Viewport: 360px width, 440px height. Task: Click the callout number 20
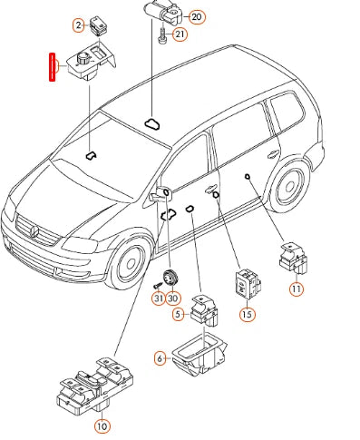point(197,16)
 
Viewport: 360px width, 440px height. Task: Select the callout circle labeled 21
point(180,34)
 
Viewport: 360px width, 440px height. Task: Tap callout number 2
point(79,25)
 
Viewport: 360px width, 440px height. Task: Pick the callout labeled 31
point(159,298)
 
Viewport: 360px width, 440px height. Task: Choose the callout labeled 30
point(172,298)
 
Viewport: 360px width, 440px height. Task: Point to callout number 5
point(178,314)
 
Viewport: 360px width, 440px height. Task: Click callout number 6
point(160,358)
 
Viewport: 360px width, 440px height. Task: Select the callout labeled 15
point(247,315)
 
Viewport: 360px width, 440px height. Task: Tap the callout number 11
point(297,289)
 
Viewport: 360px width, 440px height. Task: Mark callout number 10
point(102,426)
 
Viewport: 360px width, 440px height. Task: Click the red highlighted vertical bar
point(53,67)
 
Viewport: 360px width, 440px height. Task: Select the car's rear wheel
point(289,186)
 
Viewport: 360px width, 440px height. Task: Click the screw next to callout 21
point(162,35)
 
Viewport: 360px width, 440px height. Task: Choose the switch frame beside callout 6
point(199,354)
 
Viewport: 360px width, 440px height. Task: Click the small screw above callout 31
point(158,285)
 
